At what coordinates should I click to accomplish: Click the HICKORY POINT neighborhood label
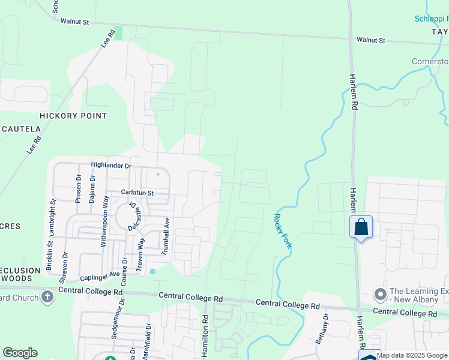coord(73,116)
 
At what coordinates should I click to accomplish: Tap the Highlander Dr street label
coord(111,164)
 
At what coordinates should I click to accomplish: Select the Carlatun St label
coord(137,193)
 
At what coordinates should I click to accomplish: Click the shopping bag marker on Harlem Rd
coord(361,227)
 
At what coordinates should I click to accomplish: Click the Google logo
coord(20,353)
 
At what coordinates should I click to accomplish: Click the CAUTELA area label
coord(21,129)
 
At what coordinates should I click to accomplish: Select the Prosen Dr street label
coord(78,189)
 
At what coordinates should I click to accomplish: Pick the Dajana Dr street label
coord(92,189)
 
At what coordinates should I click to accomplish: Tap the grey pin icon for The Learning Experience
coord(379,295)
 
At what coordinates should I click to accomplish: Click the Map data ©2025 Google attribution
coord(412,355)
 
